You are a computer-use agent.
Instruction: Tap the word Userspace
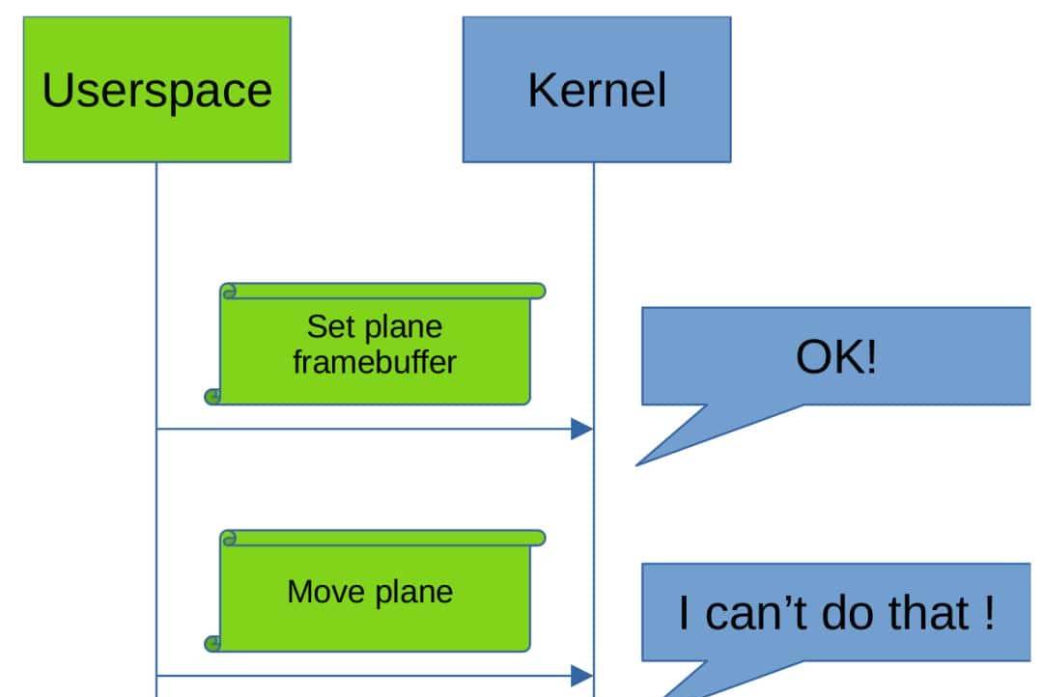156,90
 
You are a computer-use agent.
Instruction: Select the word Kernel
596,90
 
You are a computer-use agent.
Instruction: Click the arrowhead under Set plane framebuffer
582,429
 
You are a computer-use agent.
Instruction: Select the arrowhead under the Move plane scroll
582,675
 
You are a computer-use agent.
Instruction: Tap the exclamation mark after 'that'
987,614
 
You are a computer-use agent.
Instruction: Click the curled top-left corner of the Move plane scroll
229,537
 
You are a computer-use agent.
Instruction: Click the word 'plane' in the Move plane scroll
413,591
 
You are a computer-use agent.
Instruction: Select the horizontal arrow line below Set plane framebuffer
367,429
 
